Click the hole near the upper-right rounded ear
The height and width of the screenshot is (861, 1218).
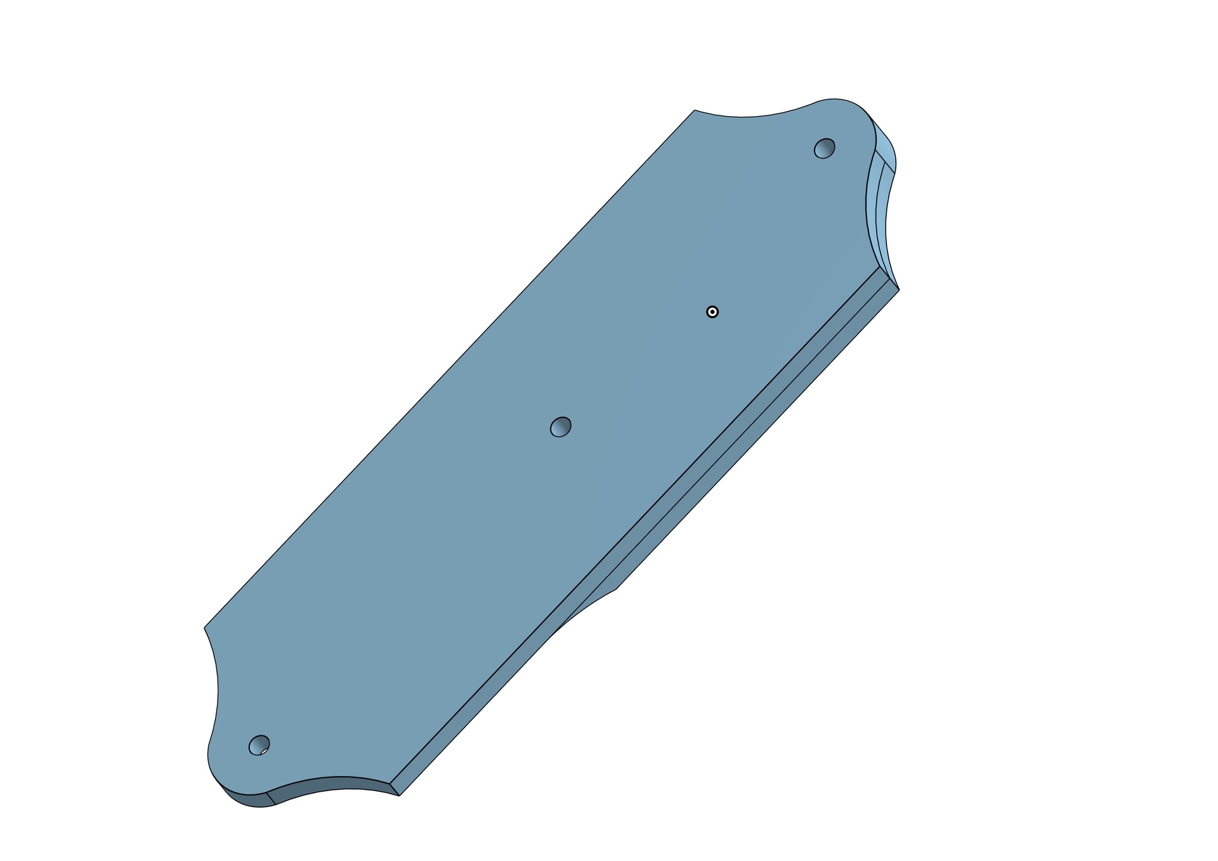[x=824, y=148]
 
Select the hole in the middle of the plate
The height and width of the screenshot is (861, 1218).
[x=560, y=427]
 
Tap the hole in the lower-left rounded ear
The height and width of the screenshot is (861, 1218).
[x=259, y=745]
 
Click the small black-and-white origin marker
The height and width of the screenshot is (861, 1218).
[x=712, y=312]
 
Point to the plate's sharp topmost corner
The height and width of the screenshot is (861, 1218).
[x=695, y=110]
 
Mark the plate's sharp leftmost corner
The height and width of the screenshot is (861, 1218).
[x=204, y=628]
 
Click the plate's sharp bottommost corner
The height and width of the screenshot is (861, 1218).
[x=399, y=796]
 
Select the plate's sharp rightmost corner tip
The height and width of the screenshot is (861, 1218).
[x=899, y=289]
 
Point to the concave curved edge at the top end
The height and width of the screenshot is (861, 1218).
[x=749, y=117]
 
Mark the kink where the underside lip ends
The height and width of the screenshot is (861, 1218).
[x=616, y=589]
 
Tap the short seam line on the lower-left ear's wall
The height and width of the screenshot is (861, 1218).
[x=271, y=798]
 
